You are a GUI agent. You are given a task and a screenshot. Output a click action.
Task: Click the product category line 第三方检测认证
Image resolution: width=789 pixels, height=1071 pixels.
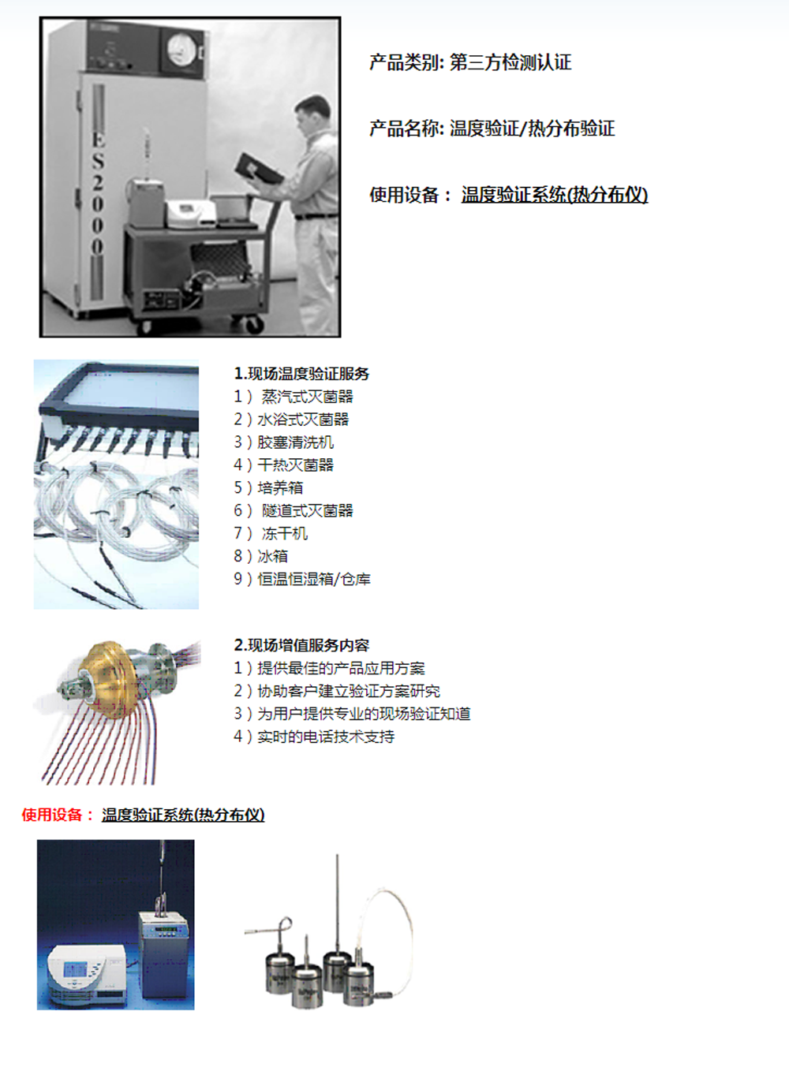(x=510, y=62)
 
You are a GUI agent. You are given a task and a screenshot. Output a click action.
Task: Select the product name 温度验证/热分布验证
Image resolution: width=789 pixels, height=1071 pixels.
(x=532, y=129)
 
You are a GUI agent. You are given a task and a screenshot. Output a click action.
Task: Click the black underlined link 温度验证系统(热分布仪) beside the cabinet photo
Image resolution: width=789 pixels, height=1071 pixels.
(x=555, y=195)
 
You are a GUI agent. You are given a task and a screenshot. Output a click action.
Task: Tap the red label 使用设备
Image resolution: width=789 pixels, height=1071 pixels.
(x=51, y=815)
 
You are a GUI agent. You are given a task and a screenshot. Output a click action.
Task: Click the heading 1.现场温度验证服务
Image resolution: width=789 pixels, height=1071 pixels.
(x=301, y=374)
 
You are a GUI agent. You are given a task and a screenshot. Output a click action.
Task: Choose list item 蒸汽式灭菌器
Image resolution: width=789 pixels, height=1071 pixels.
(x=307, y=397)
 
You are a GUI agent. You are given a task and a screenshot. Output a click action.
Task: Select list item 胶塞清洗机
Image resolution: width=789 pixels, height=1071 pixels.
(x=295, y=442)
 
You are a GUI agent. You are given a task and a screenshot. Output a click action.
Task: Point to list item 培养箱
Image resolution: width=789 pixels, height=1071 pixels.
(x=280, y=487)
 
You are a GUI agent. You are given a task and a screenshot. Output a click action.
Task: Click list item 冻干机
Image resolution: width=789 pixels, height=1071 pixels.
(x=284, y=533)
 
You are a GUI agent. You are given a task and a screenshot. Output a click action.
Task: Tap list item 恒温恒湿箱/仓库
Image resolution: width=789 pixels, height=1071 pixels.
(x=314, y=579)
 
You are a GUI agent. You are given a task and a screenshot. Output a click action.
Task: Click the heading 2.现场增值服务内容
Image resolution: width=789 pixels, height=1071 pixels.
(x=301, y=645)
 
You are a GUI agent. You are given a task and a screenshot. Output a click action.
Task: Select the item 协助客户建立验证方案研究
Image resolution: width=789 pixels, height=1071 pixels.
(x=349, y=691)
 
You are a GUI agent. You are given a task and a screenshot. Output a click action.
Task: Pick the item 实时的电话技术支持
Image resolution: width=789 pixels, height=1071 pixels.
(x=326, y=737)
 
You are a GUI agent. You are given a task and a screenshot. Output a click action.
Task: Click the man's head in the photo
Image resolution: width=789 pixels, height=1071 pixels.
(x=312, y=115)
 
